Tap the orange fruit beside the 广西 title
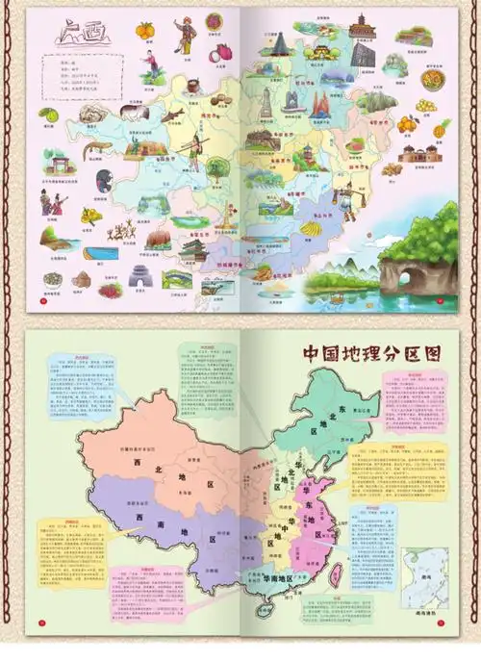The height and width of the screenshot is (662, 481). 145,32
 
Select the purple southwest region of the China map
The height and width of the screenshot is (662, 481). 154,524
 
